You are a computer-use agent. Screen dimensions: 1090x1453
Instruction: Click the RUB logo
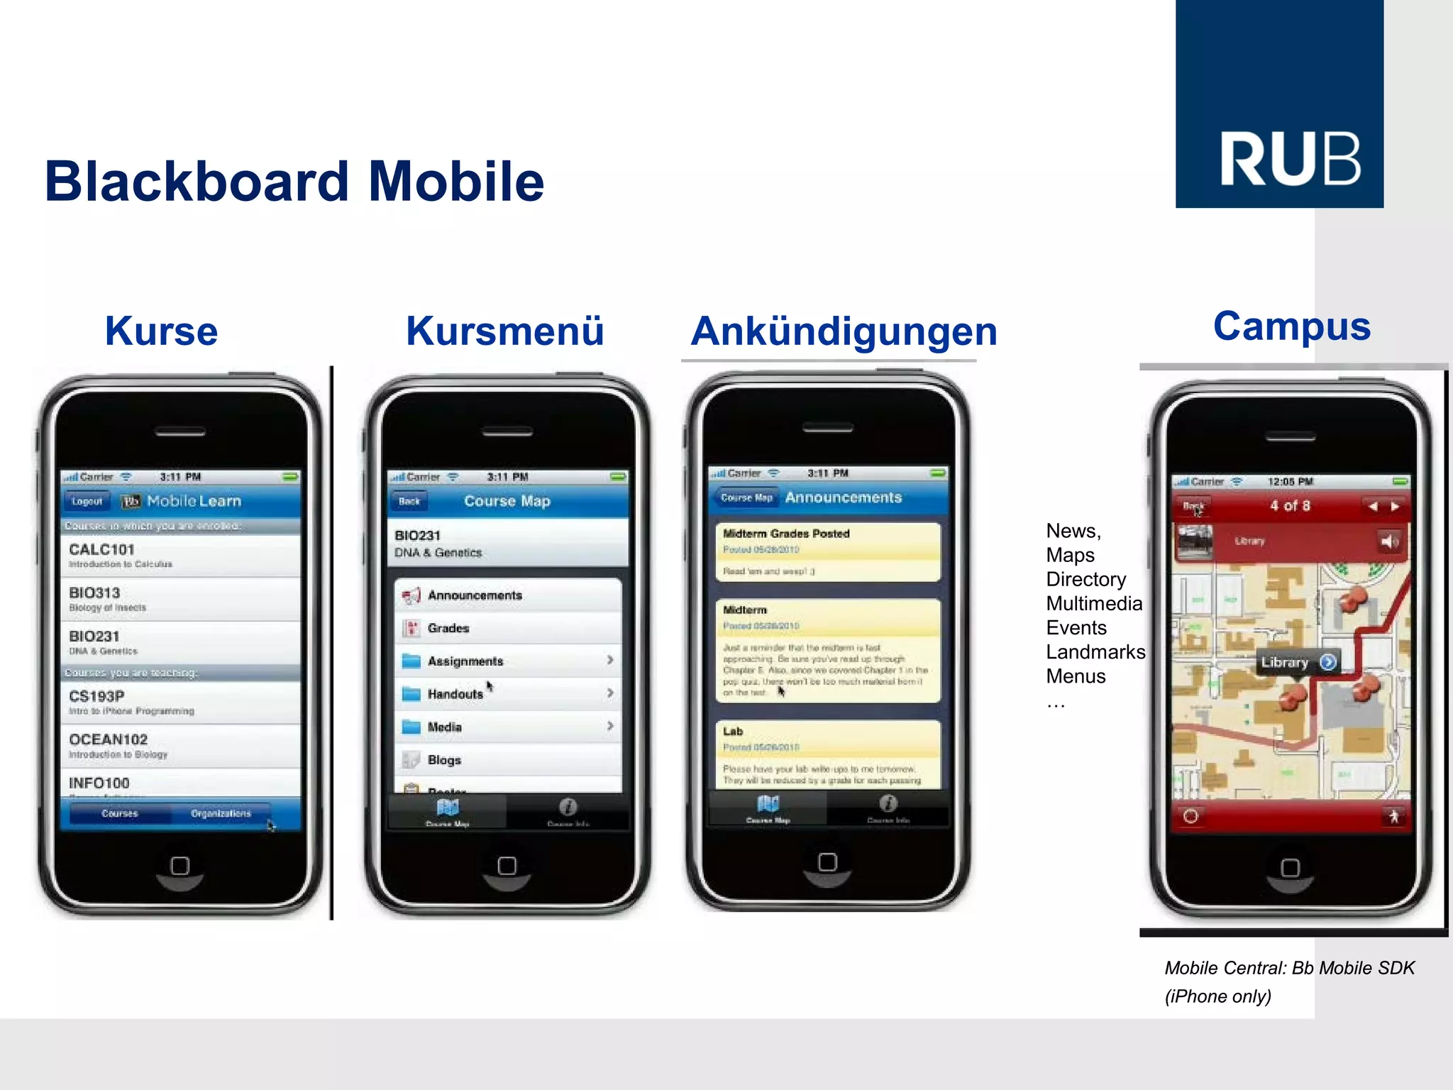[1279, 104]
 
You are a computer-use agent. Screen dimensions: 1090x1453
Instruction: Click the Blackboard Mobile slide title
[294, 182]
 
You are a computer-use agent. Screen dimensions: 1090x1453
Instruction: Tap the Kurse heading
[161, 331]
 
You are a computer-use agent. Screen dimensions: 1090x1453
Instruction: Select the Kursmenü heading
[504, 331]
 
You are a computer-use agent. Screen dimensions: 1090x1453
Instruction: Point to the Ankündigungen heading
[844, 332]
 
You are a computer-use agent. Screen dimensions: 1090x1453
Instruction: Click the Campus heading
[1291, 326]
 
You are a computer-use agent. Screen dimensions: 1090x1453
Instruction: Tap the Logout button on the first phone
[87, 501]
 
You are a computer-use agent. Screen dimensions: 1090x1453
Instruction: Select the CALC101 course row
[180, 555]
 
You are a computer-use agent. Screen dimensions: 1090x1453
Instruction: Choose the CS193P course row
[180, 702]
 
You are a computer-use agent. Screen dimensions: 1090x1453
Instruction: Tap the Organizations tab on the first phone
[221, 813]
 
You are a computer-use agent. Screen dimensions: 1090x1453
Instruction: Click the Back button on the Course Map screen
[409, 501]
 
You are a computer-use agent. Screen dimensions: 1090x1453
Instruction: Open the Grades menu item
[507, 628]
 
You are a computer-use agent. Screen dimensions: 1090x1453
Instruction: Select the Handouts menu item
[507, 694]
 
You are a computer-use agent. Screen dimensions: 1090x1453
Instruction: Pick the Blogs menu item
[507, 760]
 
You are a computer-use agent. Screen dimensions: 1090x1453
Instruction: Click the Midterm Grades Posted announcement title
[786, 534]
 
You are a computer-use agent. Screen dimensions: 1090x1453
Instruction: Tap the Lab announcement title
[733, 732]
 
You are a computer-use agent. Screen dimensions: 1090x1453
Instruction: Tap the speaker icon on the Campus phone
[1388, 542]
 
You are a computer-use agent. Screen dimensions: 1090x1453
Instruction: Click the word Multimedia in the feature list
[1094, 604]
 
